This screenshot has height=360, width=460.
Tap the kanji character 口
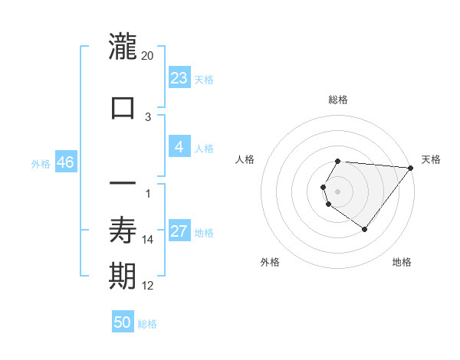123,107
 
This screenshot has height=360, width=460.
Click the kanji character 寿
123,230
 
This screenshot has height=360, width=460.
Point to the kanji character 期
123,277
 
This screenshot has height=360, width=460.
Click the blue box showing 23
179,78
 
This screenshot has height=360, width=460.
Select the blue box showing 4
179,147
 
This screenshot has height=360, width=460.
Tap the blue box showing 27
179,231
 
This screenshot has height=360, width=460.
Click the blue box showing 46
65,162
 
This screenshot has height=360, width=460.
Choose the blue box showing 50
123,322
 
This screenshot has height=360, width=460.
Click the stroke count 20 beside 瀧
148,56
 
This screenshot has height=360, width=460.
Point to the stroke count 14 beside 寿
149,240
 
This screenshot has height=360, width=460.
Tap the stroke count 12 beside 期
148,286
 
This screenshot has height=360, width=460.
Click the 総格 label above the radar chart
338,100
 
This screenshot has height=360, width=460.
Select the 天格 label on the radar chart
431,159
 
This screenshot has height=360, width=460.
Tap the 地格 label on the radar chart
402,262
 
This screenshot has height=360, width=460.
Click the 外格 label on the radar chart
270,262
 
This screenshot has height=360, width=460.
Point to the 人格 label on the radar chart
245,159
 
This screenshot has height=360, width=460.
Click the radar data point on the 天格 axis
411,168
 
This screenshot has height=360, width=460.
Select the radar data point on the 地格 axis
364,229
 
